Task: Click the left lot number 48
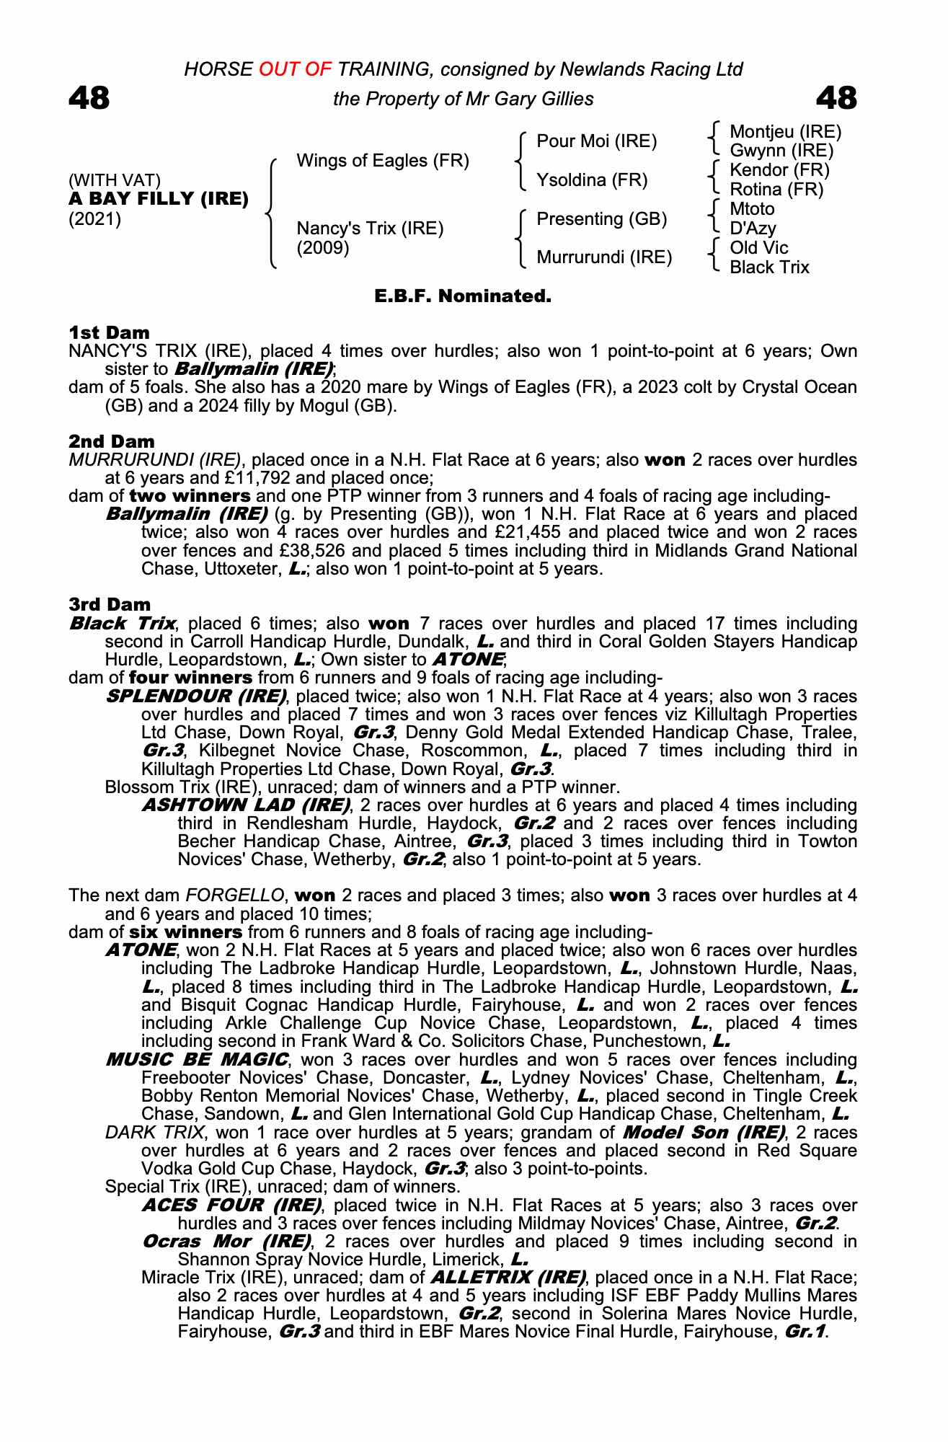coord(89,99)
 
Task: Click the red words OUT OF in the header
coord(292,69)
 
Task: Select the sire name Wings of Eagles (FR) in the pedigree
coord(383,161)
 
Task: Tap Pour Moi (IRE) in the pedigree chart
coord(596,141)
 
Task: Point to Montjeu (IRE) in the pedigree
coord(785,132)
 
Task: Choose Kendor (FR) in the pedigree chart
coord(779,170)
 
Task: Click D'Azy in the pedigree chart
coord(753,229)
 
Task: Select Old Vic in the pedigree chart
coord(758,248)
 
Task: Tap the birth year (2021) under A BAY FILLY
coord(94,219)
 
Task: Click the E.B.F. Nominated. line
coord(463,296)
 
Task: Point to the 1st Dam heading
coord(109,332)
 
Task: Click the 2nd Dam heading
coord(111,441)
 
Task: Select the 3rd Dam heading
coord(110,604)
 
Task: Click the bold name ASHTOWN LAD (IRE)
coord(246,805)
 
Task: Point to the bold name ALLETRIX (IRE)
coord(508,1278)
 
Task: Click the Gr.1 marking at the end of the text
coord(805,1332)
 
